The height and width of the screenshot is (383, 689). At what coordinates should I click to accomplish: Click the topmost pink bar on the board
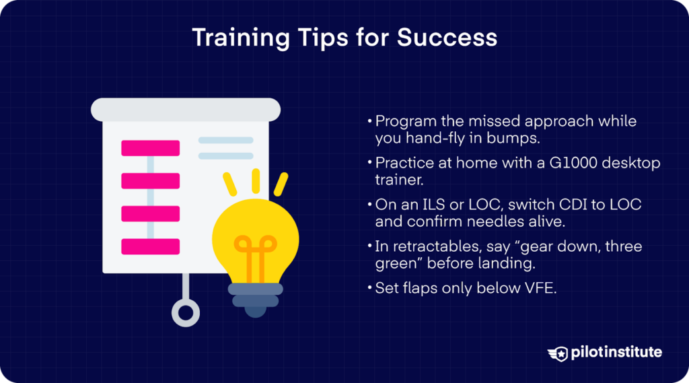pos(150,148)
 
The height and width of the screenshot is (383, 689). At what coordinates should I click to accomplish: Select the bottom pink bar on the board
pos(150,246)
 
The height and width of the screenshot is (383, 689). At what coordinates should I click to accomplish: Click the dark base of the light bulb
pos(255,296)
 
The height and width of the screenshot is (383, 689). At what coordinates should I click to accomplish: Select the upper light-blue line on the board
pos(225,141)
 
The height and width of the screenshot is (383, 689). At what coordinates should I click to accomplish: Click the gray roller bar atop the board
pos(186,109)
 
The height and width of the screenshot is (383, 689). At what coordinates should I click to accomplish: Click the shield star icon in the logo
pos(559,353)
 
